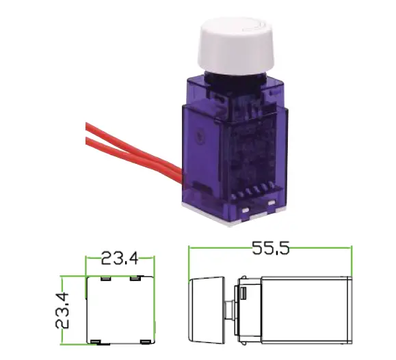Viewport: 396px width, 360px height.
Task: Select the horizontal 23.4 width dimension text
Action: (x=120, y=258)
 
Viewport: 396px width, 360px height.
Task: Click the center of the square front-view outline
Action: (x=119, y=309)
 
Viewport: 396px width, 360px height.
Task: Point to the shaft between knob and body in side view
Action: (x=230, y=309)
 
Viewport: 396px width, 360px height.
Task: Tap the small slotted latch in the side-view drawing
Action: (x=243, y=294)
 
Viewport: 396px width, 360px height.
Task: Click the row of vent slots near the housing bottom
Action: (x=253, y=193)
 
